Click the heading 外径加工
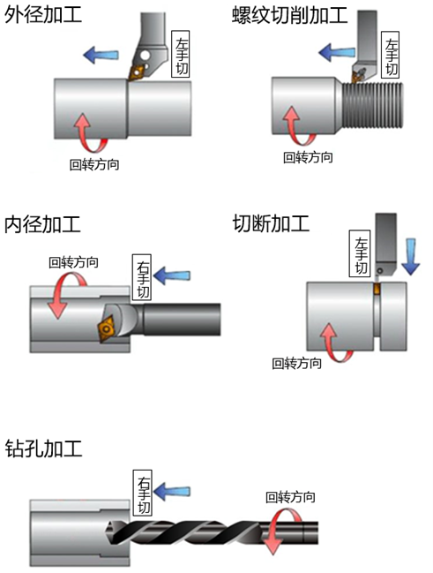[43, 17]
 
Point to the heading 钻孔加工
[43, 448]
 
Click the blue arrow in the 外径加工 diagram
[100, 56]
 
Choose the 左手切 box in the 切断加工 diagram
[361, 256]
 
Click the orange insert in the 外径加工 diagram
[138, 67]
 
